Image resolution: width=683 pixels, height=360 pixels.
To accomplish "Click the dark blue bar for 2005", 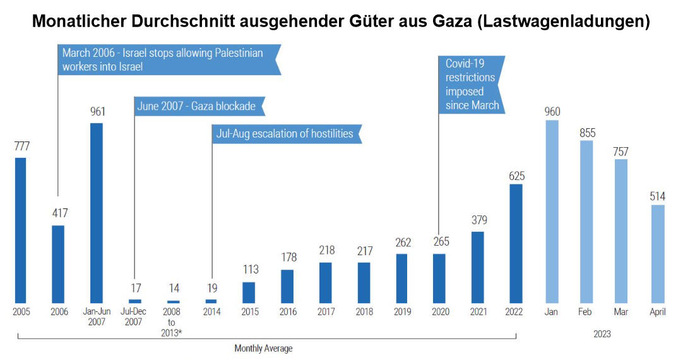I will point(20,231).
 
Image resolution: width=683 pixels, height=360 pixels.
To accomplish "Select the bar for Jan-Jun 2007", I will point(96,213).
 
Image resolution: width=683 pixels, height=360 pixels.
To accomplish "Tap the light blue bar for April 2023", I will point(657,254).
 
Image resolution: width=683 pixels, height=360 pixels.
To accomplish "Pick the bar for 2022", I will point(516,243).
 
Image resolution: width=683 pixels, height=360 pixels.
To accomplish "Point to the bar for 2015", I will point(249,292).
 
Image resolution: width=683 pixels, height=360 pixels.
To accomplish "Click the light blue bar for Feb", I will point(586,222).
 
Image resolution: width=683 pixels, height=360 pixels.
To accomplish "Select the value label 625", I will point(516,175).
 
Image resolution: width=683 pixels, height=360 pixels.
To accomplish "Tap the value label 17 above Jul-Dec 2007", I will point(134,288).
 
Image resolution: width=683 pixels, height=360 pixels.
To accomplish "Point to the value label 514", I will point(657,196).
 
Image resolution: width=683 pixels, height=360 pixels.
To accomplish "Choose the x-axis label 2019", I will point(401,312).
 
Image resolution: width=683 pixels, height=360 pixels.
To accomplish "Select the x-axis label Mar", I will point(621,312).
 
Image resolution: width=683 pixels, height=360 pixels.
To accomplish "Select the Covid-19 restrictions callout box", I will point(472,84).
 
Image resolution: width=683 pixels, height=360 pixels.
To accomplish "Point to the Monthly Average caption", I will point(263,348).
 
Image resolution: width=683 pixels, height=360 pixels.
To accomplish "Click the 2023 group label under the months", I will point(602,334).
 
